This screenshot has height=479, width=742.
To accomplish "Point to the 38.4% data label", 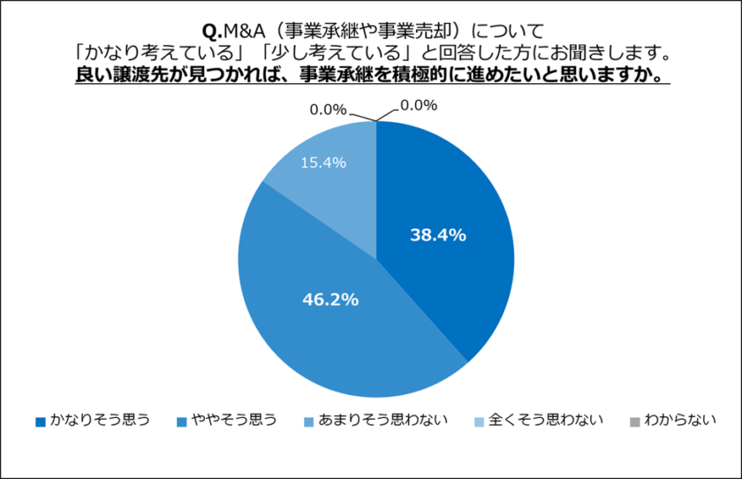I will (437, 235).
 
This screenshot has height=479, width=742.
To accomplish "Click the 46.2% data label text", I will (330, 300).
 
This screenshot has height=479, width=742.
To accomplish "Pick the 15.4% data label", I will (322, 163).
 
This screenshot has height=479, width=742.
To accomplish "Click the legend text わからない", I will (679, 420).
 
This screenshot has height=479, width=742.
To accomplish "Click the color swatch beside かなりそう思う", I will (41, 421).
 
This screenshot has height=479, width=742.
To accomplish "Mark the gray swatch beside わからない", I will (633, 421).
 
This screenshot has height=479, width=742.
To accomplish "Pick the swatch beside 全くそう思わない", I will (478, 421).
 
